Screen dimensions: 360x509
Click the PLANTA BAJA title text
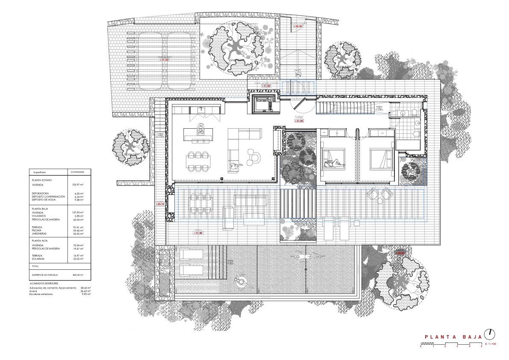[x=453, y=337]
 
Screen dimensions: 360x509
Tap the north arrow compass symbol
[x=491, y=334]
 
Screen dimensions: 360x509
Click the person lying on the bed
[x=334, y=163]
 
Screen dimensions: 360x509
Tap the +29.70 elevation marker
[x=160, y=204]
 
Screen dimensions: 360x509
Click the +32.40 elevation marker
[x=297, y=27]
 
